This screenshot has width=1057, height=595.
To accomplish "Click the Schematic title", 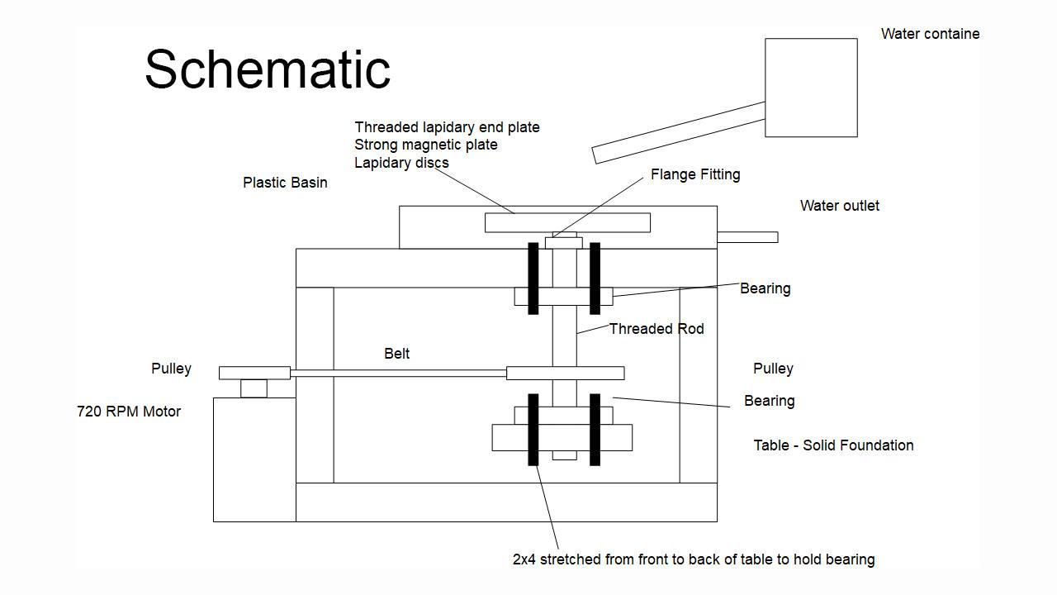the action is [x=268, y=69].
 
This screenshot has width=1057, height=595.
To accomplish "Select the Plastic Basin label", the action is [x=285, y=183].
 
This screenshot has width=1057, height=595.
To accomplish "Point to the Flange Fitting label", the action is [x=695, y=174].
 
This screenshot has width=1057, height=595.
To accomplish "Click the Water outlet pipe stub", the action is [x=747, y=237].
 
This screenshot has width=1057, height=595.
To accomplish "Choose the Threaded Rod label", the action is [x=656, y=329].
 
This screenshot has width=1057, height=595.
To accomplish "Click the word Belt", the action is [x=397, y=354].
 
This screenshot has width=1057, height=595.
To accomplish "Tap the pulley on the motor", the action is [x=255, y=373].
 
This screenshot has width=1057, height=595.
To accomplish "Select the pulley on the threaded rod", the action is [x=566, y=373].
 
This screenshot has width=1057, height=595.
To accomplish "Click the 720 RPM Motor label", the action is [x=129, y=412].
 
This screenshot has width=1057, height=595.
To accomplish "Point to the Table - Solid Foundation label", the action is [x=833, y=445].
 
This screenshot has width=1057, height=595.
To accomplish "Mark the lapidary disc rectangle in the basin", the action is [x=567, y=223].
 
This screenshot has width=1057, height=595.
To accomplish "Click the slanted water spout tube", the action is [x=679, y=133].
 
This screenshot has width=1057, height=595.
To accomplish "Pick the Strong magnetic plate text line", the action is [x=425, y=145].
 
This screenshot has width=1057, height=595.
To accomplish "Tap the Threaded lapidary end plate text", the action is [x=447, y=127].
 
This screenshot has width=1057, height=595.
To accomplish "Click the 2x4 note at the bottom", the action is [x=694, y=559].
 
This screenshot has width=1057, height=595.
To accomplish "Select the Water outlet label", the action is [x=840, y=206].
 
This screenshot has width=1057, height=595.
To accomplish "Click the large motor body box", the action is [x=255, y=460].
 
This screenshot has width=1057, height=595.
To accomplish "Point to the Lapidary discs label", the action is [x=401, y=163].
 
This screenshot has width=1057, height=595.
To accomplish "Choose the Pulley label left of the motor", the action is [x=171, y=369].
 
